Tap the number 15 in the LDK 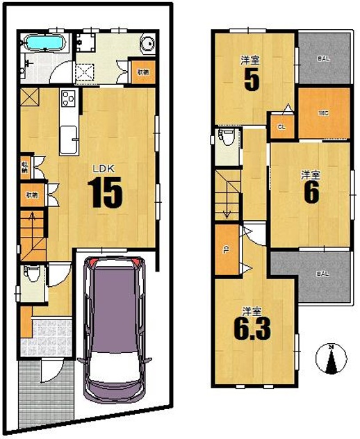click(104, 192)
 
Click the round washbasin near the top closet click(147, 44)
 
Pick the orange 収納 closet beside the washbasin click(142, 72)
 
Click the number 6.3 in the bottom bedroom click(252, 327)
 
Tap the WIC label click(322, 112)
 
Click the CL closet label click(281, 127)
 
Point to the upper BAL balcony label click(323, 59)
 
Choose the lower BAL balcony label click(323, 274)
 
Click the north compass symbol click(332, 358)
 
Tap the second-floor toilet click(224, 136)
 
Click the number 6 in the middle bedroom click(311, 192)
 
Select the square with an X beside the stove click(30, 98)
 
